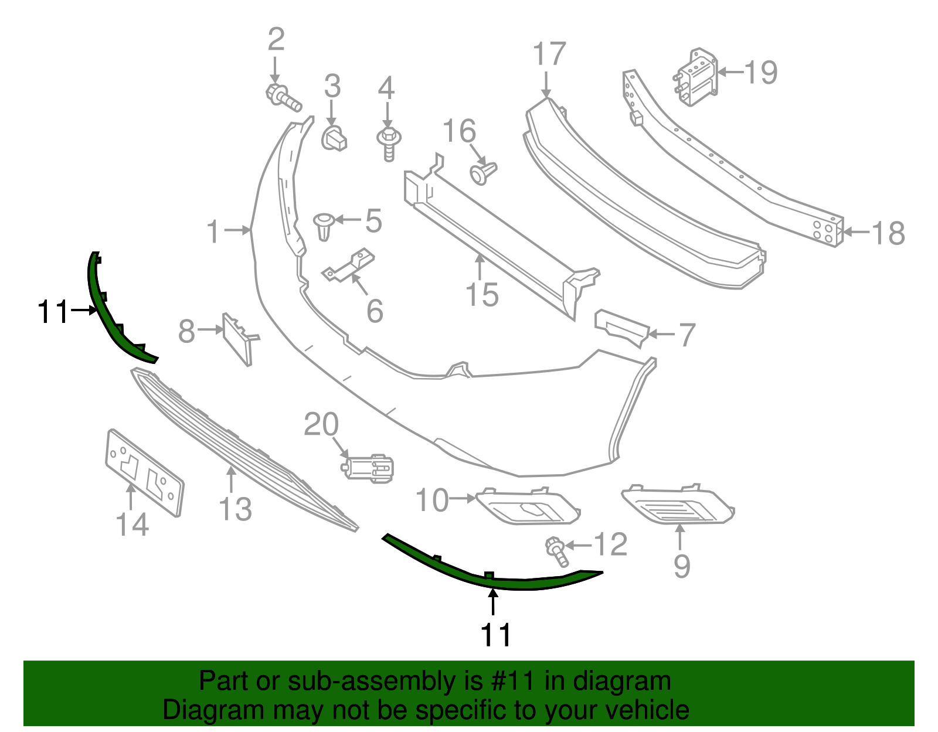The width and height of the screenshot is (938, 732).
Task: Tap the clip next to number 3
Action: coord(334,138)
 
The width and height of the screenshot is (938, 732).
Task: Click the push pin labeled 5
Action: coord(324,226)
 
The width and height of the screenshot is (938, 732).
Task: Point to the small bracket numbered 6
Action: coord(349,267)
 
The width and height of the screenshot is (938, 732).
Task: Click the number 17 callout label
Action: coord(549,54)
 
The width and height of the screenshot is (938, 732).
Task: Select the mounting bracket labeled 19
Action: coord(695,78)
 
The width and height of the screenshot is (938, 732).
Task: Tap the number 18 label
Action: coord(888,233)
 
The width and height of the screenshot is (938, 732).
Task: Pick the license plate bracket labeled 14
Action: coord(144,474)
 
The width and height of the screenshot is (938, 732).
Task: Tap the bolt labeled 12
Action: coord(556,551)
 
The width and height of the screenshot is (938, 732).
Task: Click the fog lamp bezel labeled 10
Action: coord(528,506)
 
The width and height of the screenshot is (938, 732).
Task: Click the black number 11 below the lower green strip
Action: coord(495,635)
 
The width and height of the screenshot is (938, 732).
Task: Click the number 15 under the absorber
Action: coord(482,294)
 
